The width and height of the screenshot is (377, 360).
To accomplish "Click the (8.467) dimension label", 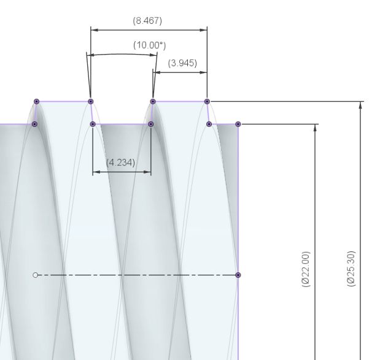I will tap(147, 21).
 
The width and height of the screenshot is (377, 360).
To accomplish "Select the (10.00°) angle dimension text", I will tap(150, 45).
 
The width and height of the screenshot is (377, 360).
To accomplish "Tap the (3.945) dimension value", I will tap(182, 63).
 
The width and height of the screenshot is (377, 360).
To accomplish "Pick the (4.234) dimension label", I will tap(121, 163).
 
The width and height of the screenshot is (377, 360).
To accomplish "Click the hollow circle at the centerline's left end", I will tap(36, 275).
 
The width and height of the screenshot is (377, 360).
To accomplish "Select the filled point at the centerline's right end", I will tap(238, 275).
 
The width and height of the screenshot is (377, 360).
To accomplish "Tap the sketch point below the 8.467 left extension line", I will tap(91, 101).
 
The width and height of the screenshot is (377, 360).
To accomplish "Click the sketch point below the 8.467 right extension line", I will tap(207, 101).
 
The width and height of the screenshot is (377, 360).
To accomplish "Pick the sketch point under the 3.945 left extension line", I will tap(153, 101).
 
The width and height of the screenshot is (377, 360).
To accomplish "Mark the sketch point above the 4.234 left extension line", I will tap(93, 124).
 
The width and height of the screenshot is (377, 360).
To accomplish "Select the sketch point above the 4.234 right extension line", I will tap(151, 124).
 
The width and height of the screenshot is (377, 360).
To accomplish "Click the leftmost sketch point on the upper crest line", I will tap(36, 101).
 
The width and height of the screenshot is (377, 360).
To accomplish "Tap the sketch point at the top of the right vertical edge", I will tap(238, 124).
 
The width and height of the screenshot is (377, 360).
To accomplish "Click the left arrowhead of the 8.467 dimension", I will tap(94, 28).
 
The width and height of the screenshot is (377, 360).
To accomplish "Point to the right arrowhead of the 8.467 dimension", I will tap(204, 28).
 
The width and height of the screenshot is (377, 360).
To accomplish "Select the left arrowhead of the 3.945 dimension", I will tap(156, 72).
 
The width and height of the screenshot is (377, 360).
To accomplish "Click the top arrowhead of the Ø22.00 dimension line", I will tap(315, 127).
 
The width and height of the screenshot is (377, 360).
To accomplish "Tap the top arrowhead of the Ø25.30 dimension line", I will tap(360, 104).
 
